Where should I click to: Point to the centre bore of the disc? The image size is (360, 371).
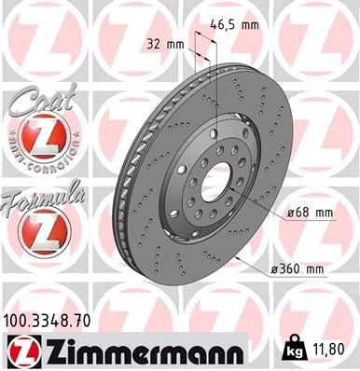pyautogui.click(x=215, y=179)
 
